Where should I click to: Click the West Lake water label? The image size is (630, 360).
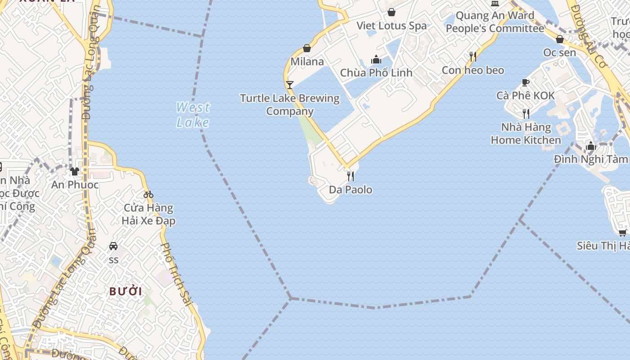(x=193, y=115)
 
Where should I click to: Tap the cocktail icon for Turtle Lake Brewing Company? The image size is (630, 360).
(x=289, y=85)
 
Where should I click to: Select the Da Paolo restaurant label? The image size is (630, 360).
(x=351, y=189)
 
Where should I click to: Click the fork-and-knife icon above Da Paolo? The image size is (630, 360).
(x=351, y=176)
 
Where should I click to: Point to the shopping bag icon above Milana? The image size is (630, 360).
(x=307, y=48)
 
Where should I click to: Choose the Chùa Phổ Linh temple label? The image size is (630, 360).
(x=376, y=72)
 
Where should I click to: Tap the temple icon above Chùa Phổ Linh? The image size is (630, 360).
(x=376, y=59)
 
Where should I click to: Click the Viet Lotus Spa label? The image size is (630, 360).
(x=391, y=25)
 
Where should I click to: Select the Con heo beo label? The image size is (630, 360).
(x=472, y=70)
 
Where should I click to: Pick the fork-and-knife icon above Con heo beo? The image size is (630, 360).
(x=472, y=57)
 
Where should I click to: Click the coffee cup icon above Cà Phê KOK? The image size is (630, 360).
(x=525, y=82)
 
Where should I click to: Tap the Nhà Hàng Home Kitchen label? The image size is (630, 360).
(x=526, y=134)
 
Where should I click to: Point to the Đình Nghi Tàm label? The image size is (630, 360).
(x=590, y=159)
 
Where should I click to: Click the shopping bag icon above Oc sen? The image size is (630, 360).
(x=559, y=40)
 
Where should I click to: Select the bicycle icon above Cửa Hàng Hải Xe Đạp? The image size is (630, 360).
(x=148, y=194)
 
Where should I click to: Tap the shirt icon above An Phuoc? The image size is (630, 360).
(x=75, y=171)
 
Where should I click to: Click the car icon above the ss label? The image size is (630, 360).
(x=113, y=246)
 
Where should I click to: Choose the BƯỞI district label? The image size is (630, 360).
(x=126, y=291)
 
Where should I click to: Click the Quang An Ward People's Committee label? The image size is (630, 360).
(x=495, y=22)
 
